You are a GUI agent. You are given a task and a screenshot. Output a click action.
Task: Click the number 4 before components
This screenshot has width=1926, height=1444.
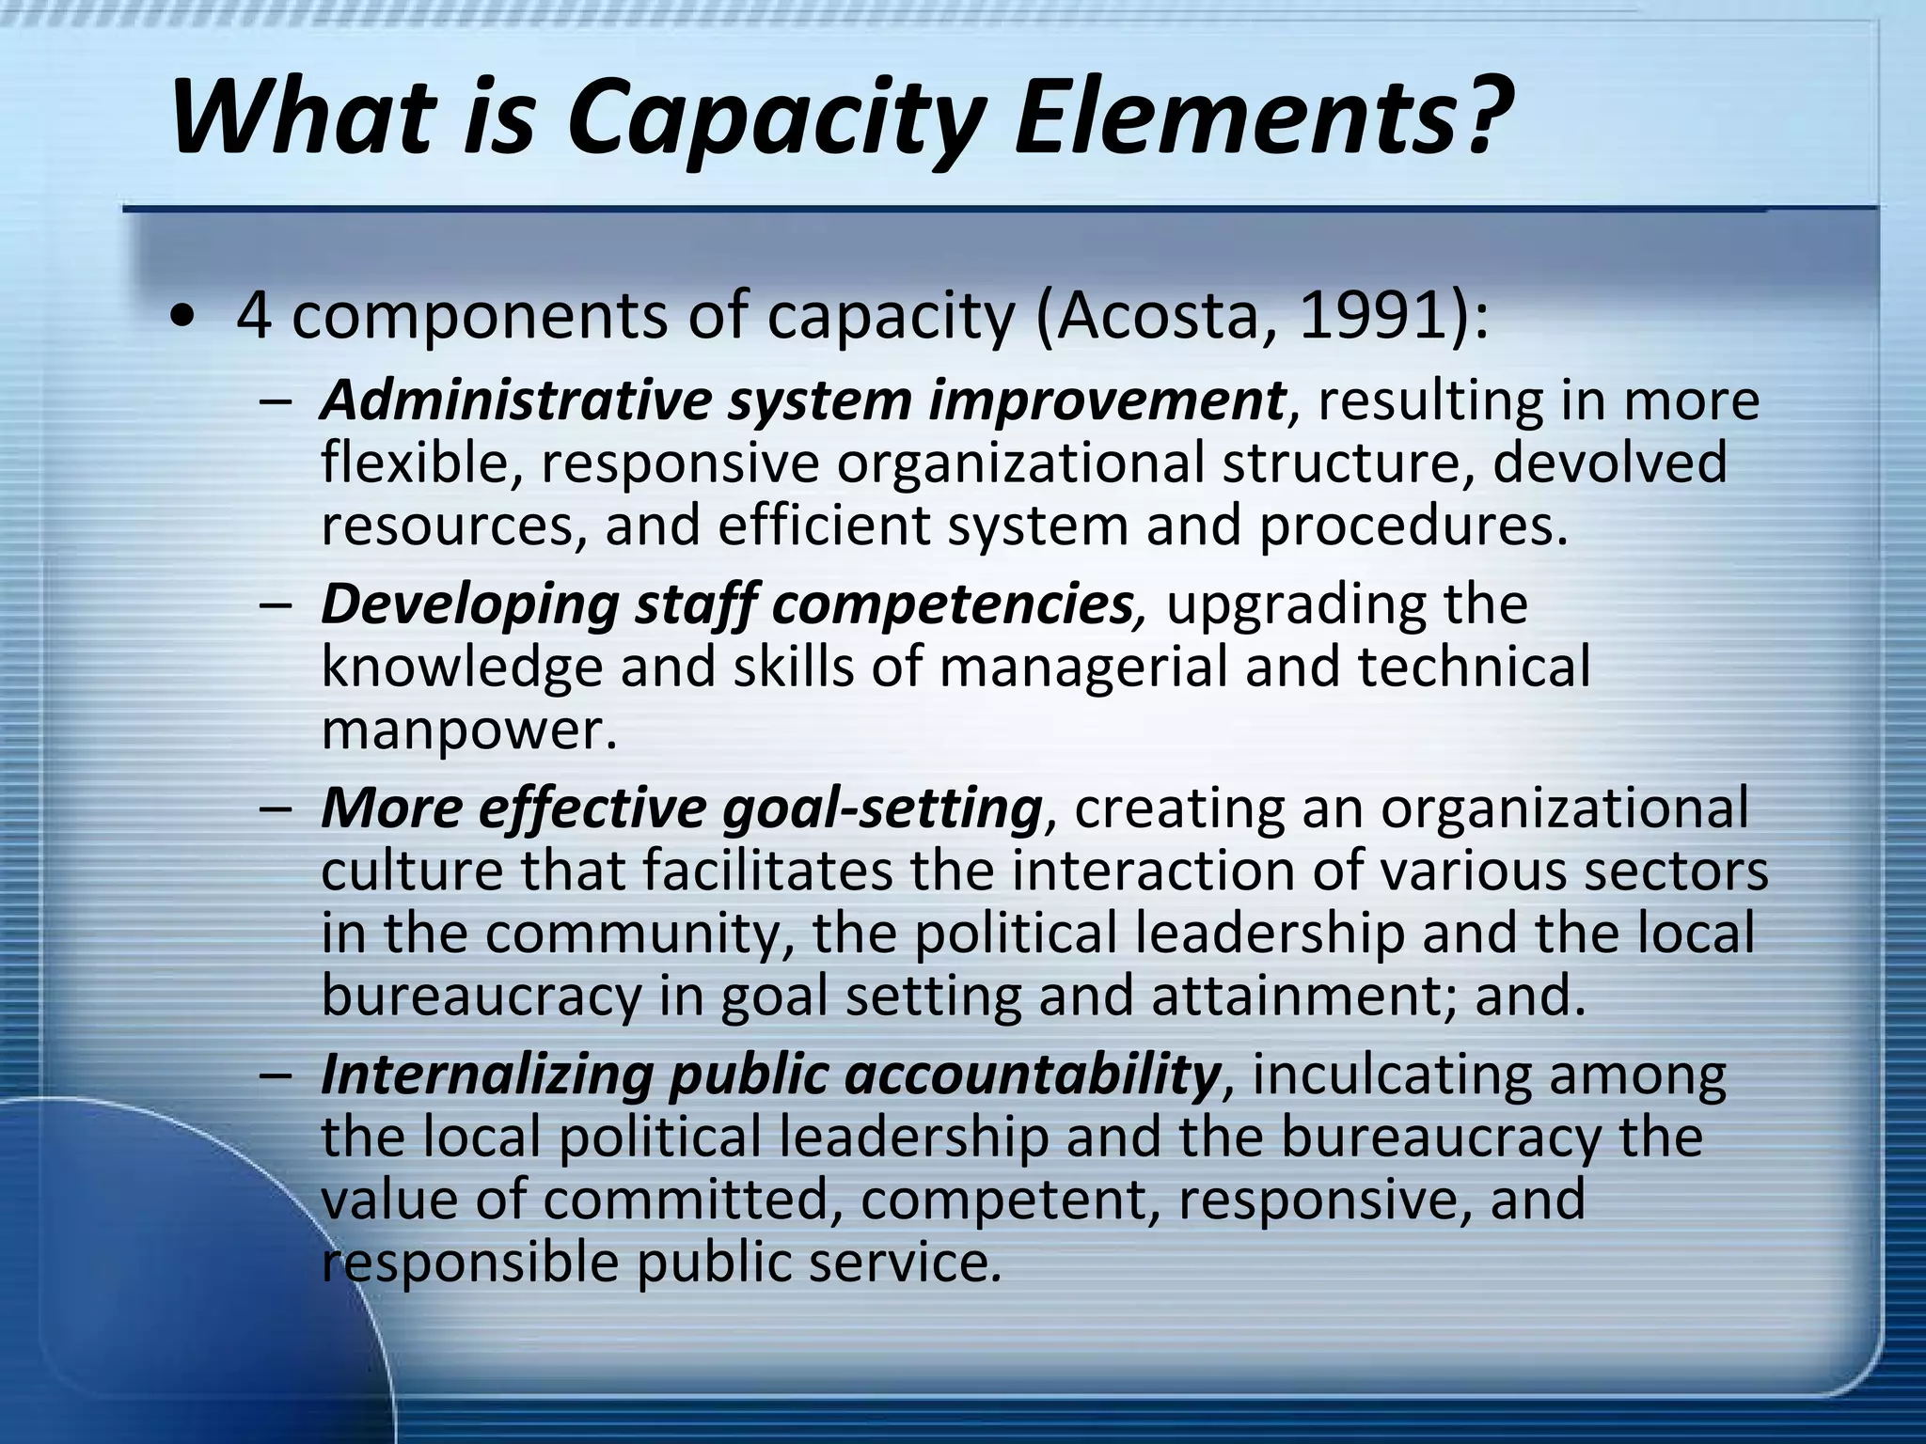pyautogui.click(x=254, y=317)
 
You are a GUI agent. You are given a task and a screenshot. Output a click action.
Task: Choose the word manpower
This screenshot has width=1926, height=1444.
pyautogui.click(x=467, y=730)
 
